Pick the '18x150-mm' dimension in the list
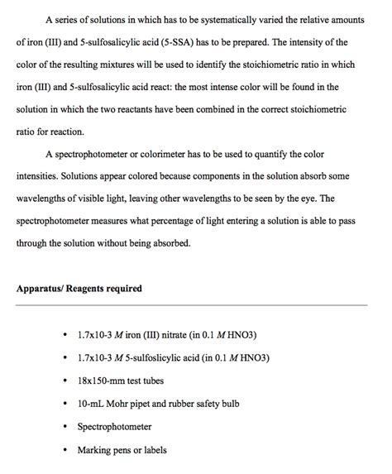102,381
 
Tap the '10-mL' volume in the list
91,405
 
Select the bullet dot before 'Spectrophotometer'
65,428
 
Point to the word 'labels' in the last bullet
152,451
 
